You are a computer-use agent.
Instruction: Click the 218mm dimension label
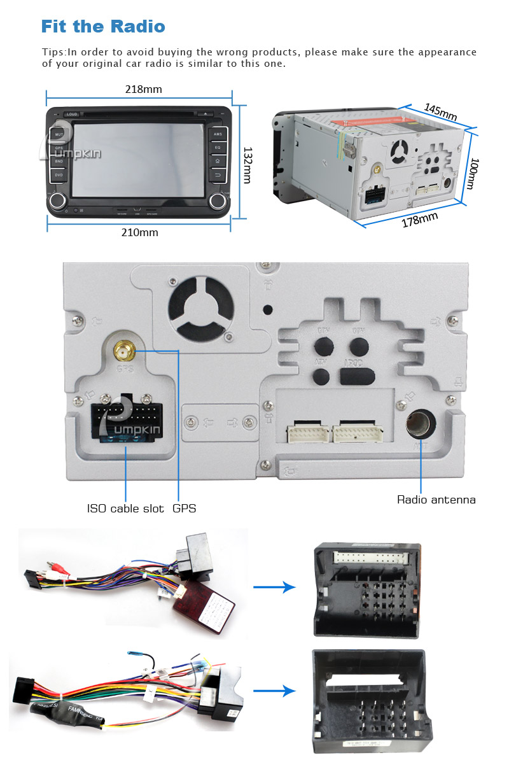pos(143,89)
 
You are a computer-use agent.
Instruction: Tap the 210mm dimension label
pos(139,232)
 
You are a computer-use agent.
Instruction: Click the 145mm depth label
pos(440,111)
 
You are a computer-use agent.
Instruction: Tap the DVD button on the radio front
pos(59,174)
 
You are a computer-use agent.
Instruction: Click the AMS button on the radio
pos(218,134)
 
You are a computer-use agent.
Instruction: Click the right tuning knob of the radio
pos(218,201)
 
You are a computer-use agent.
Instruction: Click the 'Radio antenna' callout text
pos(436,500)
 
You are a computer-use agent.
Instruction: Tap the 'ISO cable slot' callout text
pos(125,509)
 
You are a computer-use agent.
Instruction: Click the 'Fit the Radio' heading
pos(103,26)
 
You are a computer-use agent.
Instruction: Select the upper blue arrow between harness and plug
pos(274,588)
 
